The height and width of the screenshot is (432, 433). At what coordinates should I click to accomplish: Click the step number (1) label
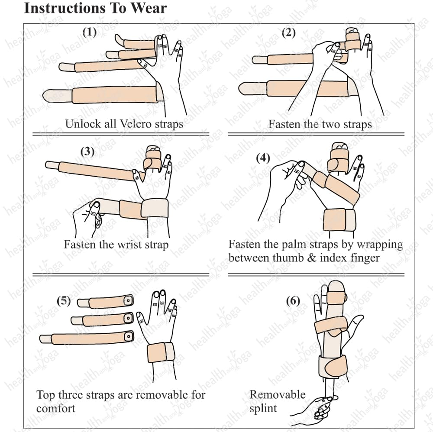coord(90,32)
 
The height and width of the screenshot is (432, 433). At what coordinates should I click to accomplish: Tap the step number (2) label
coord(288,32)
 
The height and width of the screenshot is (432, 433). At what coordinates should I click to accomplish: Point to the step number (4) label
coord(263,158)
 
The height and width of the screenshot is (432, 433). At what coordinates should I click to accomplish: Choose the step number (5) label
coord(64,300)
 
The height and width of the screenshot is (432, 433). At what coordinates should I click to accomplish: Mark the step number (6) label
coord(293,301)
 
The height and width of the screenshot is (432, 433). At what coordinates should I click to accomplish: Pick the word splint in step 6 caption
coord(263,408)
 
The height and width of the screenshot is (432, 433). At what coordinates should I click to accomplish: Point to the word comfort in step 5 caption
coord(55,408)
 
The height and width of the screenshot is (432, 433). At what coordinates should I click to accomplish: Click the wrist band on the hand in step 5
coord(161,352)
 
